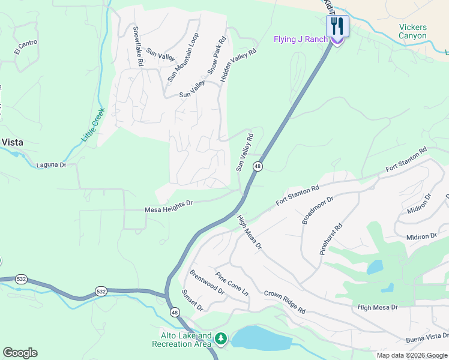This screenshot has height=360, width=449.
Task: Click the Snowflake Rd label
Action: pyautogui.click(x=137, y=46)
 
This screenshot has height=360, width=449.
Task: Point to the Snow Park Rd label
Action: pyautogui.click(x=216, y=56)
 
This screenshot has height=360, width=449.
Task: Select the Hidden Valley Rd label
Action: pyautogui.click(x=238, y=65)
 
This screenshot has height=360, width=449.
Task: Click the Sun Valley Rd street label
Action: pyautogui.click(x=245, y=153)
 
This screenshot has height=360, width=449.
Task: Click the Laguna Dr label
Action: pyautogui.click(x=51, y=164)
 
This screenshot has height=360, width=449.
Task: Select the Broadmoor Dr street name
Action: pyautogui.click(x=318, y=209)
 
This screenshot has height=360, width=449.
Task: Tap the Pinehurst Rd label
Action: pyautogui.click(x=331, y=239)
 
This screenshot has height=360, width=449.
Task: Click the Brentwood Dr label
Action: pyautogui.click(x=206, y=282)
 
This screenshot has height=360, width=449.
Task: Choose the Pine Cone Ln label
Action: pyautogui.click(x=232, y=284)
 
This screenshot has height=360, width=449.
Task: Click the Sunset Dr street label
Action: pyautogui.click(x=193, y=301)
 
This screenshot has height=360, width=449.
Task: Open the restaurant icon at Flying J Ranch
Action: pyautogui.click(x=337, y=26)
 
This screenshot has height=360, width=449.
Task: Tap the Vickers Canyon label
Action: pyautogui.click(x=413, y=31)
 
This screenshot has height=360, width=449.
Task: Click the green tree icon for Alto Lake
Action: pyautogui.click(x=221, y=340)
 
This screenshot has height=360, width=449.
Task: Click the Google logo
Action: pyautogui.click(x=20, y=353)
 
